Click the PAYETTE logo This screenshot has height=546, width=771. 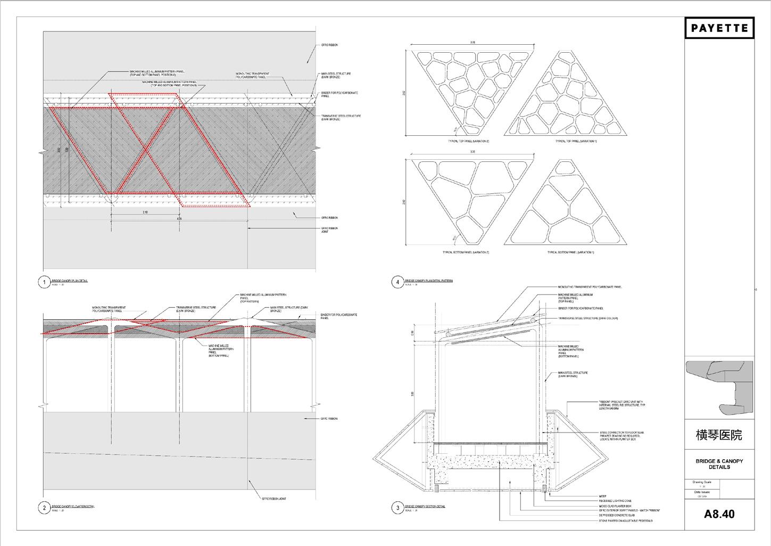[x=719, y=28]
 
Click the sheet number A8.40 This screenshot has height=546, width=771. [x=719, y=514]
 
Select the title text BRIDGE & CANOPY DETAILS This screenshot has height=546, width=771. [x=719, y=464]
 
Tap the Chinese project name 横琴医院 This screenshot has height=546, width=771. [x=719, y=435]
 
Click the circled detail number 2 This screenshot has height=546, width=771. [x=44, y=508]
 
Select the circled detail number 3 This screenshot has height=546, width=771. [x=397, y=508]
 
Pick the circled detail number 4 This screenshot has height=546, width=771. [x=397, y=282]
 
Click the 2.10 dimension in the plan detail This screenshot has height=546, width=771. [x=145, y=213]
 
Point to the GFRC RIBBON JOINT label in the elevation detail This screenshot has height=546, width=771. [x=273, y=499]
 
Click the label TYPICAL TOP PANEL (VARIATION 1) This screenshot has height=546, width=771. [x=576, y=141]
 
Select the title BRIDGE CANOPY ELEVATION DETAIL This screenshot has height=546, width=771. [x=73, y=507]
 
